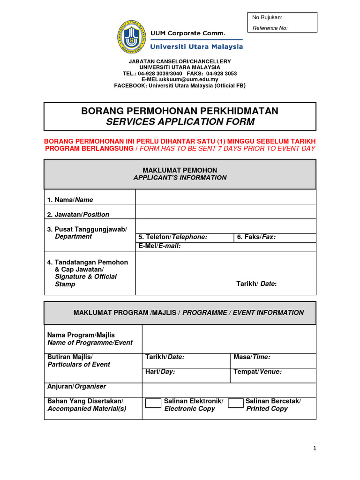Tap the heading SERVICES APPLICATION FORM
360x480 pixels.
(x=180, y=122)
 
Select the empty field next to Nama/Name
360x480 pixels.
(x=225, y=197)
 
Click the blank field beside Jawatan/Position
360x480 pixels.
(x=225, y=212)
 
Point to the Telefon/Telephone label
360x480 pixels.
(x=173, y=237)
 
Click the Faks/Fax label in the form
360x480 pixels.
(x=256, y=237)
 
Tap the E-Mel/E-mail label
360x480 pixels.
(x=159, y=246)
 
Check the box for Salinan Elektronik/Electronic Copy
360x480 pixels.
(x=153, y=404)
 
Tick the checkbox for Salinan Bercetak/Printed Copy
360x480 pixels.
(x=236, y=404)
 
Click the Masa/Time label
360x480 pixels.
(x=252, y=357)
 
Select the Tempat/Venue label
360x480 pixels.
(x=257, y=372)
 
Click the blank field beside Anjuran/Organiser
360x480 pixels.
(x=229, y=390)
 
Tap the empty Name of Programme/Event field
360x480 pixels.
(x=229, y=339)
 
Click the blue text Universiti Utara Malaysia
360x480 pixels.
(x=196, y=47)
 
